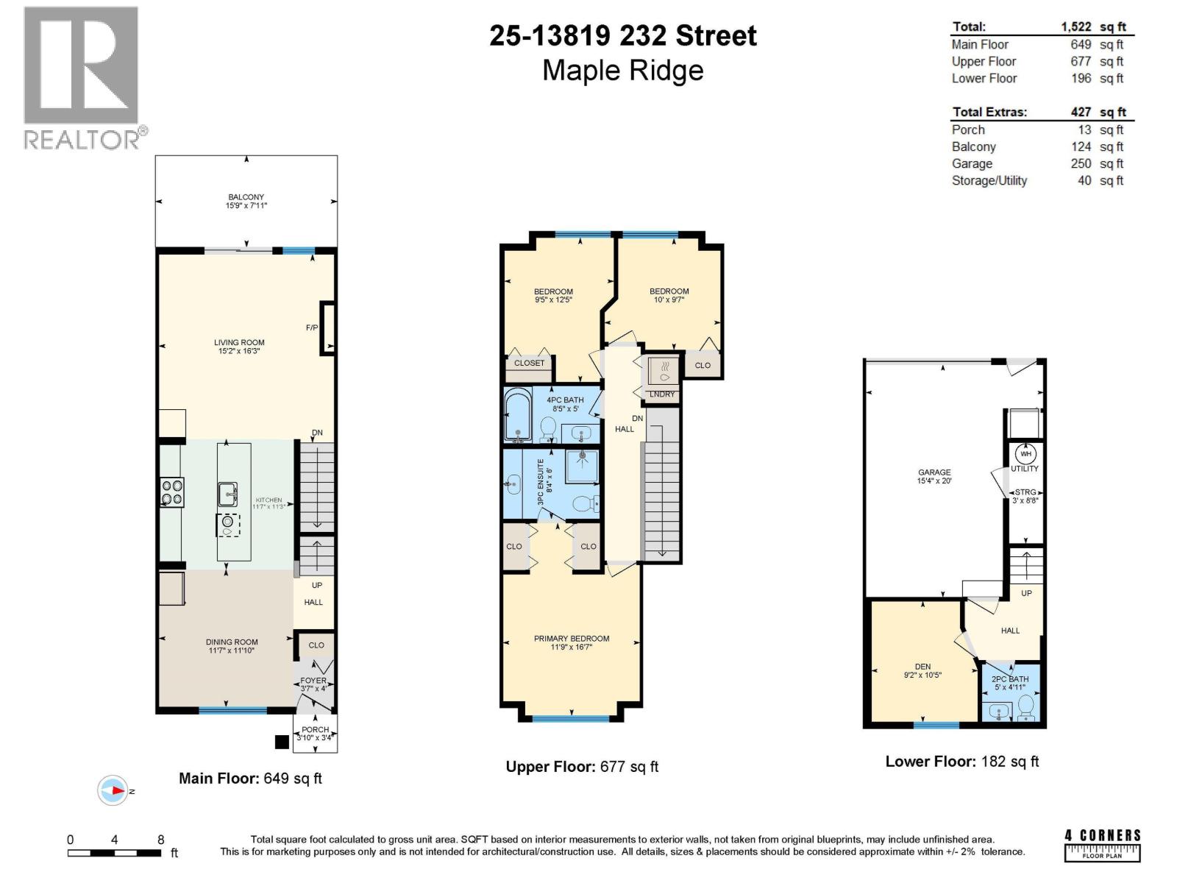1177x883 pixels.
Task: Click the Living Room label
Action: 239,343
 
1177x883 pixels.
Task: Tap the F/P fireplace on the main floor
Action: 328,328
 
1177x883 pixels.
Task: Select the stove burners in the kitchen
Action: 172,492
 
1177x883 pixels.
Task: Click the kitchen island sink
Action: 227,494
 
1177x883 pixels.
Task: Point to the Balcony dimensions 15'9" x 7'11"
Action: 246,206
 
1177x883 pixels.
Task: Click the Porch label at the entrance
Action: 315,729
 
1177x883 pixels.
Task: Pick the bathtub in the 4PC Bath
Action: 518,415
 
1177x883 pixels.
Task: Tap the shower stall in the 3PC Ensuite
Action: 582,467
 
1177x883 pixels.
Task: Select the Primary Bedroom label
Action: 572,639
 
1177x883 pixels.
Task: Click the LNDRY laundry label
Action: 662,394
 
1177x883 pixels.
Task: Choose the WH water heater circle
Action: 1025,454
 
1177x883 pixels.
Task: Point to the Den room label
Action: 922,667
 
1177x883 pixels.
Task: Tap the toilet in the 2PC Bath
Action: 1026,708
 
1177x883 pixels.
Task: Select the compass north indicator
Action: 114,790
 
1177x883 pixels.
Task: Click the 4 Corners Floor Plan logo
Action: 1102,845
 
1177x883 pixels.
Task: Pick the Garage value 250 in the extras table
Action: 1080,163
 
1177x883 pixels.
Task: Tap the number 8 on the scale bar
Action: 160,840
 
